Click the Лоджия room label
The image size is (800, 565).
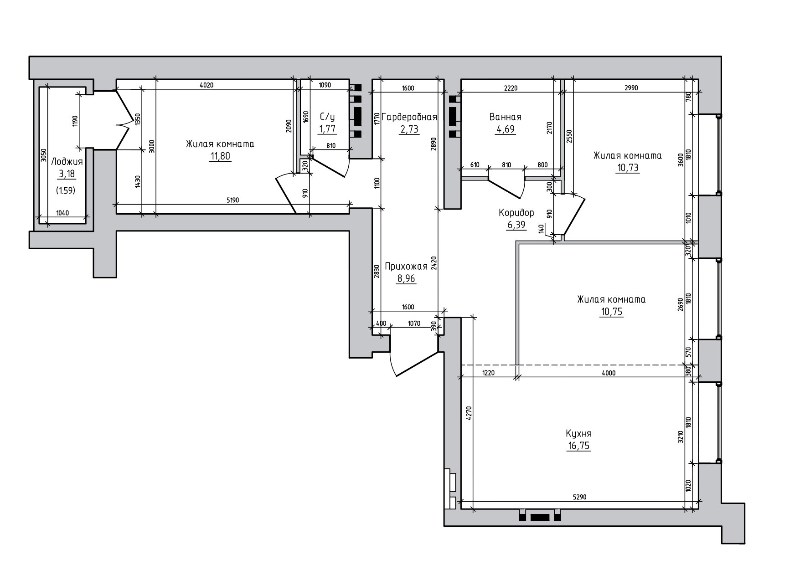(x=67, y=161)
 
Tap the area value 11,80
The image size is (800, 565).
(x=220, y=156)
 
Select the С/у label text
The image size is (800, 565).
(x=327, y=117)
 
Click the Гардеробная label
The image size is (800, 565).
(x=409, y=117)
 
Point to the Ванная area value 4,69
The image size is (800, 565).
(x=505, y=129)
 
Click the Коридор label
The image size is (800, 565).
(x=516, y=213)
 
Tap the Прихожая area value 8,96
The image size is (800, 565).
(x=406, y=278)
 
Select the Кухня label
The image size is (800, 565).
(x=579, y=433)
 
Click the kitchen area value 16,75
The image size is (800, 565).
(x=579, y=446)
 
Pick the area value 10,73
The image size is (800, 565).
(x=628, y=168)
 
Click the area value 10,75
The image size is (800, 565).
(x=612, y=312)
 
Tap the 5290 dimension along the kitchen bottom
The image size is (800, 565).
(x=579, y=497)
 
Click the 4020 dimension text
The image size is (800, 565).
(x=206, y=85)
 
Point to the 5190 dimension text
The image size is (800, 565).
(x=233, y=200)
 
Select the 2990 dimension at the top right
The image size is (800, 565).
(x=631, y=88)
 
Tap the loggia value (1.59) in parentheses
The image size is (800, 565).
(x=66, y=190)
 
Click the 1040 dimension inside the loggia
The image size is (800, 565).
(x=63, y=213)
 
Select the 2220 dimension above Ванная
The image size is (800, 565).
(x=511, y=88)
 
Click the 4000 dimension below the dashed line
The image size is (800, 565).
(x=609, y=373)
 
